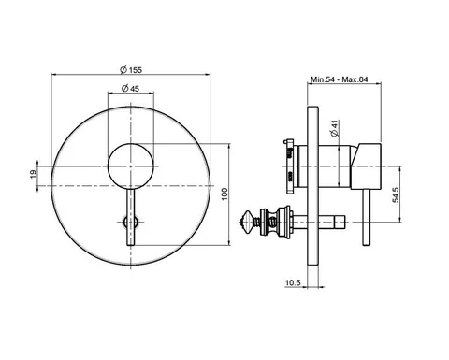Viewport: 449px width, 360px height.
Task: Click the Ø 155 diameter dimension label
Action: pyautogui.click(x=131, y=70)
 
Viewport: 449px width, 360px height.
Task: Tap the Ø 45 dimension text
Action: pyautogui.click(x=130, y=89)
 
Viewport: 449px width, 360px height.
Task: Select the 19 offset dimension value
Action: pyautogui.click(x=34, y=175)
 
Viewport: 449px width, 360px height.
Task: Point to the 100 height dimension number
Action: pyautogui.click(x=224, y=194)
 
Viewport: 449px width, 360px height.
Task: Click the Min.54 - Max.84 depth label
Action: pyautogui.click(x=340, y=79)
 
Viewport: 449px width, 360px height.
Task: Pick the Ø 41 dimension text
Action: pyautogui.click(x=334, y=128)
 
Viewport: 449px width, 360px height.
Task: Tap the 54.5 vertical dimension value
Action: pyautogui.click(x=396, y=194)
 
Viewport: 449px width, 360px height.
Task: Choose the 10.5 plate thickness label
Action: pyautogui.click(x=293, y=282)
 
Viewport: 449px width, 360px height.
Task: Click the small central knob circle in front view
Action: pyautogui.click(x=131, y=166)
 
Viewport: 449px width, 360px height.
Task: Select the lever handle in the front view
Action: pyautogui.click(x=131, y=217)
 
